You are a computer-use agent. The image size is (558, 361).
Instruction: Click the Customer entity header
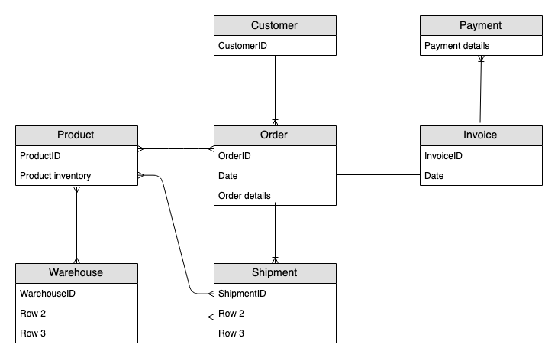[x=274, y=25]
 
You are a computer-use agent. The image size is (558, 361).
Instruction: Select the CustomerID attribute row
[x=274, y=45]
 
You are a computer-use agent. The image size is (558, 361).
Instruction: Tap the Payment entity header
[x=480, y=25]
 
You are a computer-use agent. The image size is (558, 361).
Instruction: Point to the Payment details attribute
[x=480, y=45]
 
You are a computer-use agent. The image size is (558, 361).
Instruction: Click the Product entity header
[x=76, y=135]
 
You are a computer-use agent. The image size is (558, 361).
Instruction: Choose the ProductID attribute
[x=76, y=155]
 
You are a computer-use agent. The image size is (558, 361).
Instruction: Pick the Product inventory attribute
[x=76, y=175]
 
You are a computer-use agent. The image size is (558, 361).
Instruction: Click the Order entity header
[x=274, y=135]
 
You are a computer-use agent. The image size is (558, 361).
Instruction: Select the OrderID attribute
[x=274, y=155]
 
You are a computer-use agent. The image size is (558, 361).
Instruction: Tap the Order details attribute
[x=274, y=195]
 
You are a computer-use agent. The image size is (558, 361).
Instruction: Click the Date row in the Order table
[x=274, y=175]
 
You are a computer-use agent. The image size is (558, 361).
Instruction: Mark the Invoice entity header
[x=480, y=135]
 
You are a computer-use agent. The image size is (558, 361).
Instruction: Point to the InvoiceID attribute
[x=480, y=155]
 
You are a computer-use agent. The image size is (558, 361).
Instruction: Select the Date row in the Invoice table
[x=480, y=175]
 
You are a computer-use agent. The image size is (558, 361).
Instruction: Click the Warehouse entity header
[x=76, y=272]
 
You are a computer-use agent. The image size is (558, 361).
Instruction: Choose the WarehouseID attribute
[x=76, y=292]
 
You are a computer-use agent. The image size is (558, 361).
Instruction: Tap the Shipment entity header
[x=274, y=272]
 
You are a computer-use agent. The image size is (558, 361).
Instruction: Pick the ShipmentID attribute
[x=274, y=292]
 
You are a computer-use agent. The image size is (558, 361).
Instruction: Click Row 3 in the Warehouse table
[x=76, y=333]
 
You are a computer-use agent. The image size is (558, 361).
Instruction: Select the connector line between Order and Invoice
[x=378, y=175]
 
